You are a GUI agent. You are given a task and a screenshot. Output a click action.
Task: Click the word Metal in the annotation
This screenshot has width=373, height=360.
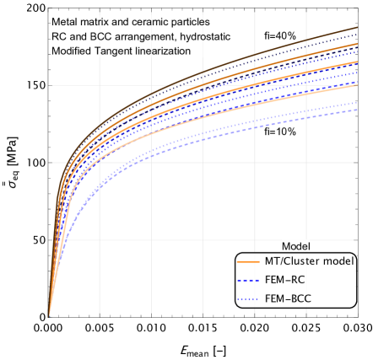pos(65,21)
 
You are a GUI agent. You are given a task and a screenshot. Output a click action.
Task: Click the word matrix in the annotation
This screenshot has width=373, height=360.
pos(97,21)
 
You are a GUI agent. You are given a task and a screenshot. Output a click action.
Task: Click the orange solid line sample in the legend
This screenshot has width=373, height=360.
pos(249,261)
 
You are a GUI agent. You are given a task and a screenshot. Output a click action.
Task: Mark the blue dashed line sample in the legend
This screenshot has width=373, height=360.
pos(249,279)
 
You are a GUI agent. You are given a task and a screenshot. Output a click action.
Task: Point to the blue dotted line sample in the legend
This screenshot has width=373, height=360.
pos(249,298)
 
